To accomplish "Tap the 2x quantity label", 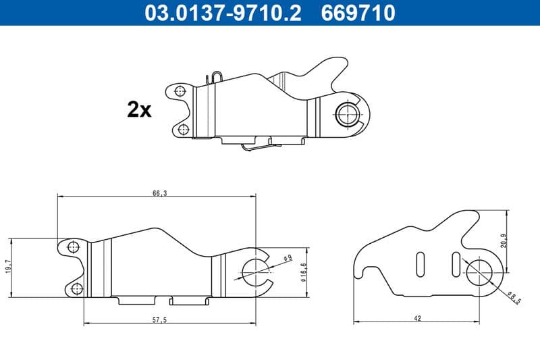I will (139, 109).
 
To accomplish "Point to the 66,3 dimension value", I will (160, 193).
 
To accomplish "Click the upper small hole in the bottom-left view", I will (74, 246).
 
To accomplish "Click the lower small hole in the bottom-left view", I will (76, 289).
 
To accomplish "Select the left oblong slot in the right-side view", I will (420, 263).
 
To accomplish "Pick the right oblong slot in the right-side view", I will (456, 262).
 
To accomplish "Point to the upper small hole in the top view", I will (179, 91).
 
